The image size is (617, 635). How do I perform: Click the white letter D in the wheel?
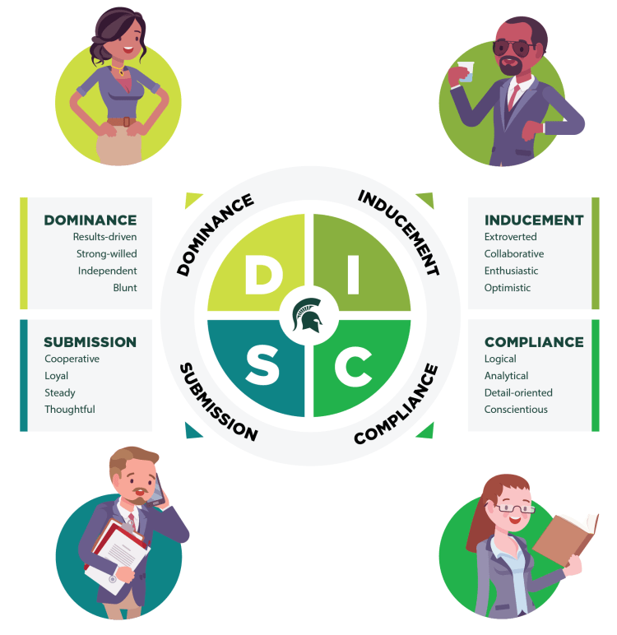click(x=264, y=275)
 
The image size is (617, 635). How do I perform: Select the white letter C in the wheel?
click(x=353, y=366)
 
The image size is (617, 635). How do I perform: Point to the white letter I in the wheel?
click(x=353, y=275)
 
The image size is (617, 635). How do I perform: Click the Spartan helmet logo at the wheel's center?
click(x=308, y=314)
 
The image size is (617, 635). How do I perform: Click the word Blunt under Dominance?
click(x=125, y=288)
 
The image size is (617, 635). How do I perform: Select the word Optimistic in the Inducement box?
click(x=508, y=288)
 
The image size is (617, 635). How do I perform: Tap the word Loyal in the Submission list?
click(x=56, y=376)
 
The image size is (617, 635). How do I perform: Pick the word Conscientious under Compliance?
click(x=516, y=410)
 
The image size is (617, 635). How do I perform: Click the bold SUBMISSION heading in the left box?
click(x=90, y=342)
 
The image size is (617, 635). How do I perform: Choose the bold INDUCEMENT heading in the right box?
click(x=534, y=220)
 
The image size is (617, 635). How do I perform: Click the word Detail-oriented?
click(x=518, y=392)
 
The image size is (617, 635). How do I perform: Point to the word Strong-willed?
click(x=107, y=254)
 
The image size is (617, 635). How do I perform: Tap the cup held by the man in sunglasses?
click(x=466, y=72)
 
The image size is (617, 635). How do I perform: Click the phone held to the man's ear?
click(x=156, y=491)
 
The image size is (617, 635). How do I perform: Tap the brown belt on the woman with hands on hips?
click(x=122, y=122)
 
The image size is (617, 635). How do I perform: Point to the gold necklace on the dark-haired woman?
click(x=118, y=69)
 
